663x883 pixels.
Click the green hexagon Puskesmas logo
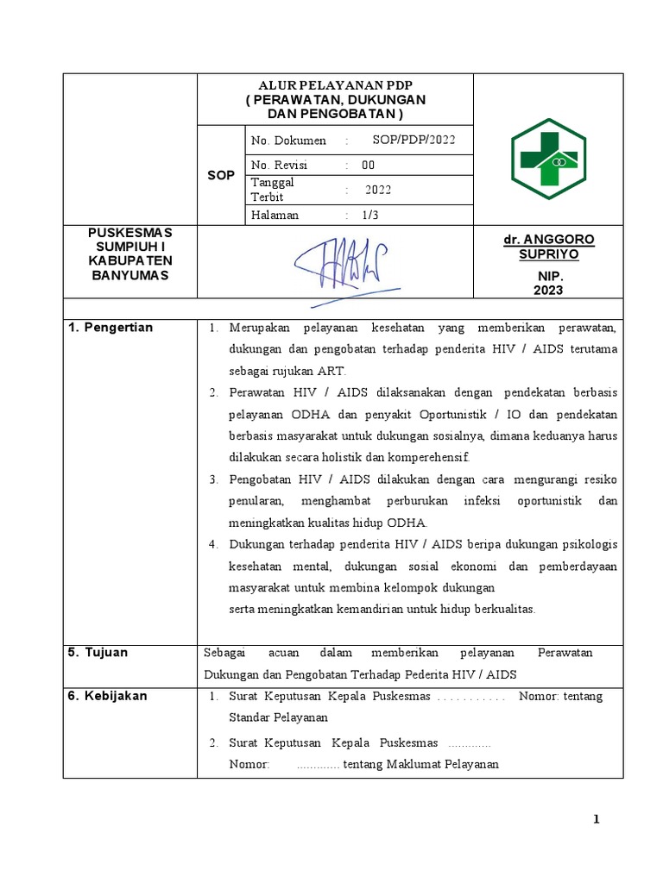click(548, 159)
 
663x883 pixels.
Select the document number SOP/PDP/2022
click(414, 141)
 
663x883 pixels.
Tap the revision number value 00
click(369, 165)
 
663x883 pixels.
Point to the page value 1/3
click(369, 216)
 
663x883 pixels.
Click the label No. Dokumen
click(288, 141)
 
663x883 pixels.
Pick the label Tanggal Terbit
click(272, 189)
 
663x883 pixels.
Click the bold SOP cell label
click(221, 175)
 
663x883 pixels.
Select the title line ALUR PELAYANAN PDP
click(335, 86)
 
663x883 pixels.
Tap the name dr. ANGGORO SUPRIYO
click(548, 247)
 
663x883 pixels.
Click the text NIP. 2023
click(548, 283)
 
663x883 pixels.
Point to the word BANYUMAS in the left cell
click(130, 275)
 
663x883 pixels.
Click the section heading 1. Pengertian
click(110, 328)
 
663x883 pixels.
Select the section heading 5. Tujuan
click(98, 652)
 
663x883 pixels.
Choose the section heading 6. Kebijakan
click(108, 696)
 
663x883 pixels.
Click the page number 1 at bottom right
click(596, 819)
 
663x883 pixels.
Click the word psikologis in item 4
click(587, 544)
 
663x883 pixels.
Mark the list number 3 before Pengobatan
click(214, 479)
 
